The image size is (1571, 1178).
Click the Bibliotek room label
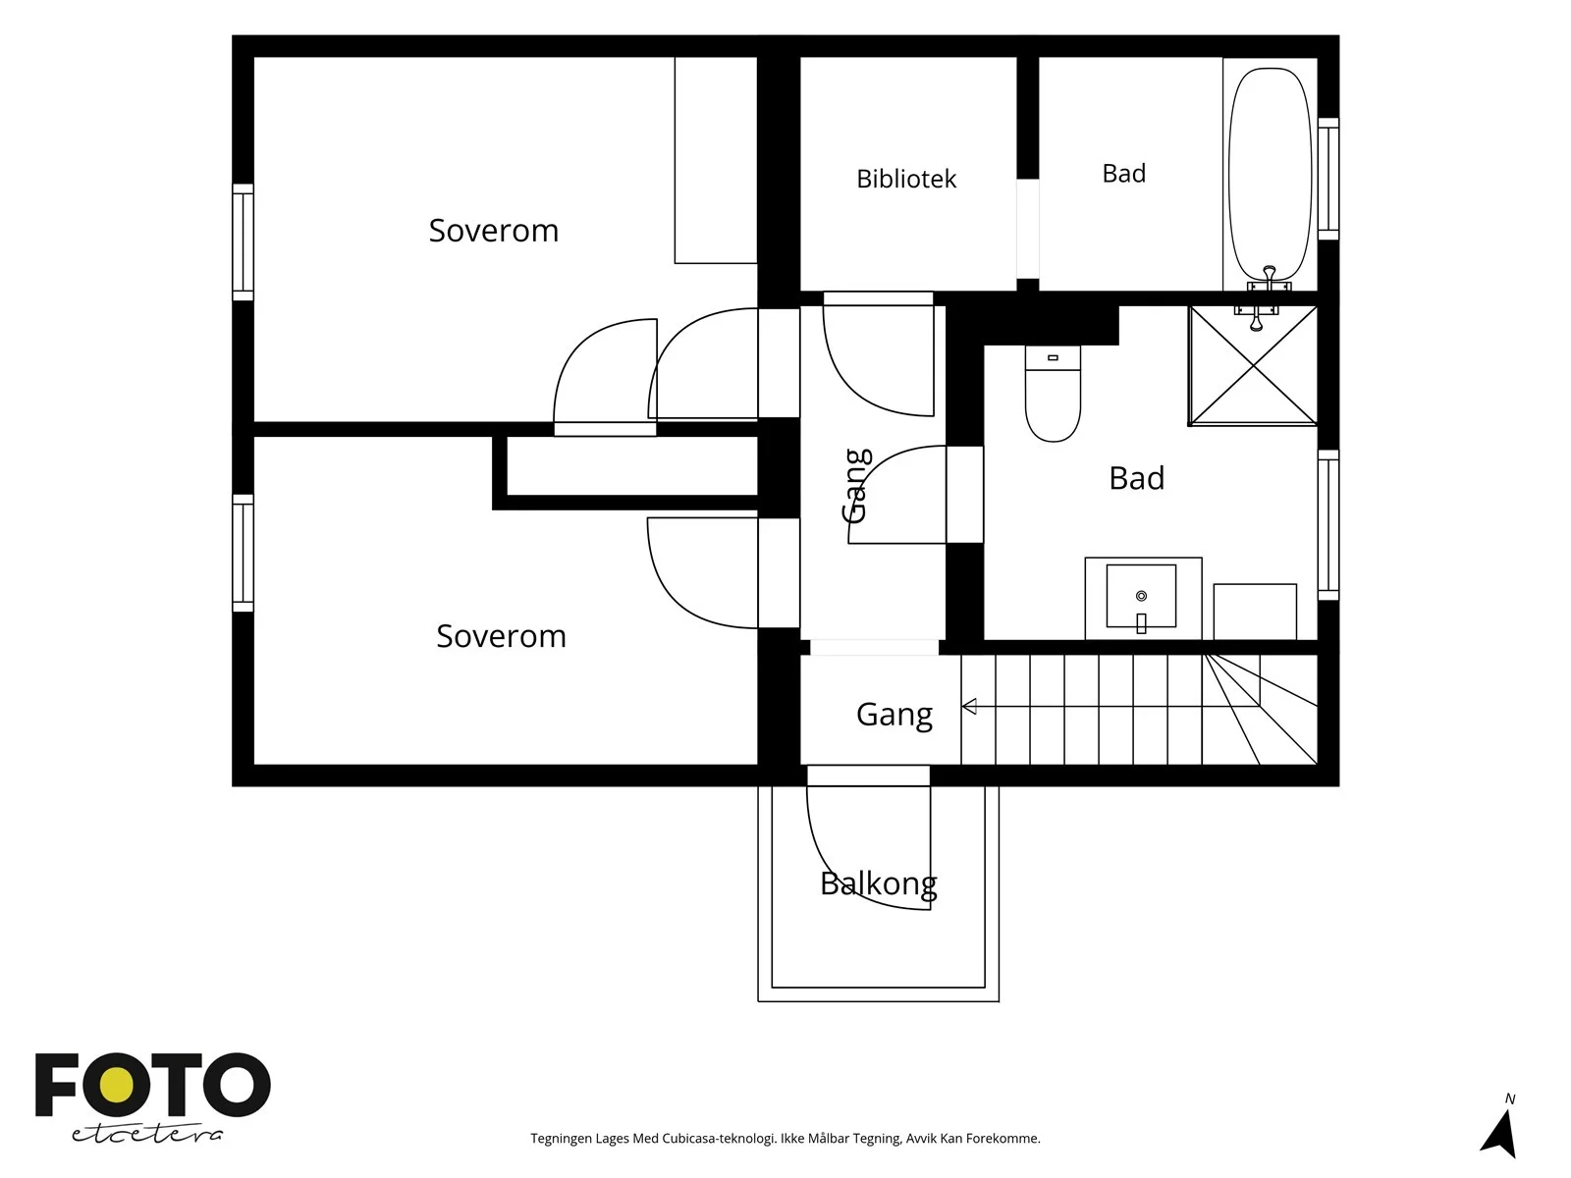pyautogui.click(x=906, y=179)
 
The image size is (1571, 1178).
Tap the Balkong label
pyautogui.click(x=878, y=884)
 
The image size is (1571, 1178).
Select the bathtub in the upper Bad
pyautogui.click(x=1271, y=175)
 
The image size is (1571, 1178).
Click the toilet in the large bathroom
pyautogui.click(x=1053, y=394)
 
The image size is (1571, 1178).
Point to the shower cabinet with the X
pyautogui.click(x=1253, y=365)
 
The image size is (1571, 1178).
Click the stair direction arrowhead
pyautogui.click(x=969, y=707)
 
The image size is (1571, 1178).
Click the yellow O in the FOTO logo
pyautogui.click(x=117, y=1085)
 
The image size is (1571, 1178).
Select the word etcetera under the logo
pyautogui.click(x=146, y=1135)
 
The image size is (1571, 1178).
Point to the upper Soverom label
pyautogui.click(x=493, y=231)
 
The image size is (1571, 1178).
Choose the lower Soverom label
pyautogui.click(x=501, y=636)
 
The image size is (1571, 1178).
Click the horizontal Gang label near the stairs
pyautogui.click(x=894, y=715)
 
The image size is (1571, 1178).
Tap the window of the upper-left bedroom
pyautogui.click(x=243, y=242)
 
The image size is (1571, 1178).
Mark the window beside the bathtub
pyautogui.click(x=1328, y=179)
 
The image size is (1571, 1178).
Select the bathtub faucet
pyautogui.click(x=1269, y=278)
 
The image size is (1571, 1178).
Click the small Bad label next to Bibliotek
pyautogui.click(x=1123, y=174)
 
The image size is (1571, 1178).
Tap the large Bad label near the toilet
pyautogui.click(x=1137, y=478)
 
